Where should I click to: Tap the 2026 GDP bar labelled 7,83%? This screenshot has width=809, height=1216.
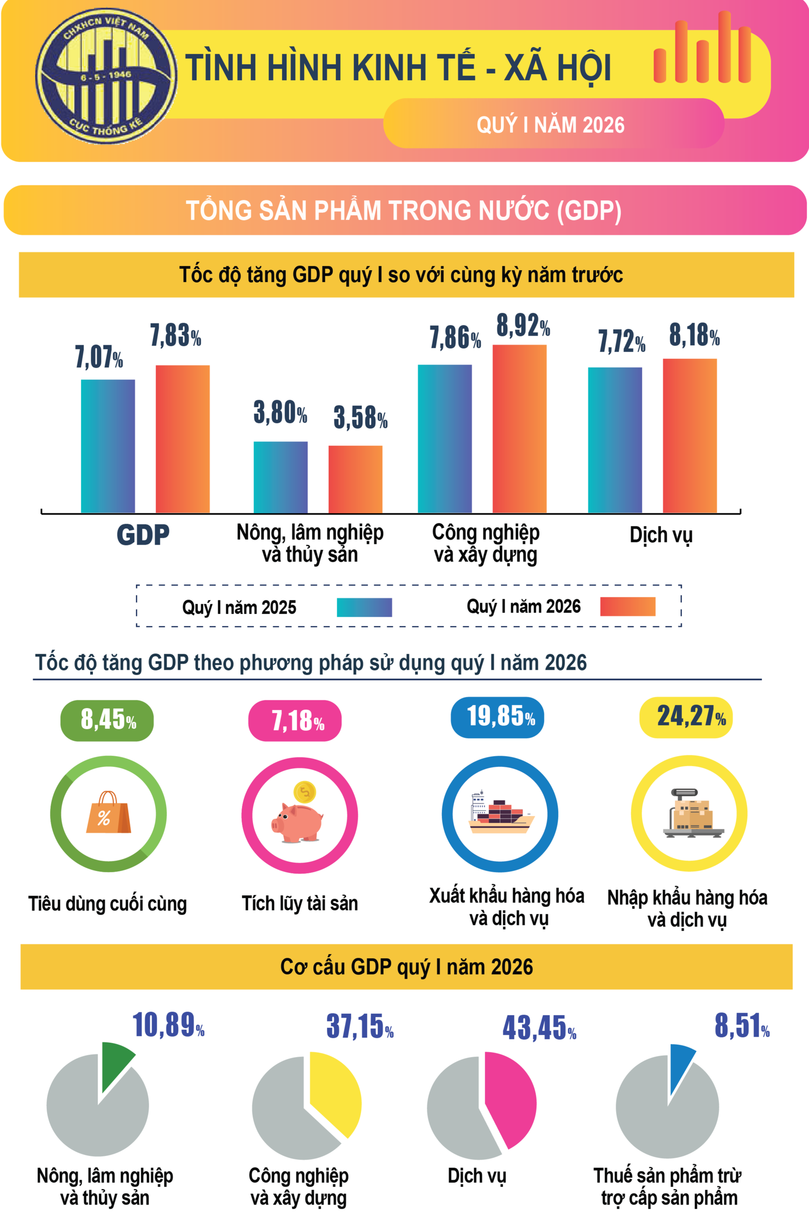183,439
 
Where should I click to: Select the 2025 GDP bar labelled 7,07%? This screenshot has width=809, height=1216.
108,446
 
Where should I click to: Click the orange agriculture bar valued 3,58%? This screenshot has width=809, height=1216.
356,479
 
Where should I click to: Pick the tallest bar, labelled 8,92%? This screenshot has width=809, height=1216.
519,428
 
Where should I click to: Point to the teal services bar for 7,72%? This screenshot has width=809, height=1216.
614,440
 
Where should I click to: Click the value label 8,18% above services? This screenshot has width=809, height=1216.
694,335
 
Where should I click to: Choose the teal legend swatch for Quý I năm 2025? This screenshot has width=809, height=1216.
364,607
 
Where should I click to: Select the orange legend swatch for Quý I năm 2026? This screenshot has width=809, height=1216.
627,607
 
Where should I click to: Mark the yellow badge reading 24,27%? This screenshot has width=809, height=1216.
686,717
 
